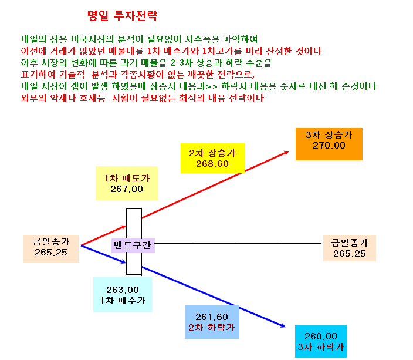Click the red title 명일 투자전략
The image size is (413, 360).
click(123, 16)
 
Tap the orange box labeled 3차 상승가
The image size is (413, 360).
click(329, 144)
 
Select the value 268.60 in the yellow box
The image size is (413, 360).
click(212, 164)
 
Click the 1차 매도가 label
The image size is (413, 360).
click(127, 179)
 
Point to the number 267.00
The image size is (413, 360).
click(127, 189)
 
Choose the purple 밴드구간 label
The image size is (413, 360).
click(133, 245)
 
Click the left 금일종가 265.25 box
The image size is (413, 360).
click(51, 248)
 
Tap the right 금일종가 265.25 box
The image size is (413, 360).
click(350, 248)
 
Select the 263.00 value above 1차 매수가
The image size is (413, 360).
click(123, 290)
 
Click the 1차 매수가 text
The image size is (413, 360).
click(123, 301)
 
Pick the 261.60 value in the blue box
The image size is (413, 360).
click(212, 317)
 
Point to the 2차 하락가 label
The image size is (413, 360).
click(212, 327)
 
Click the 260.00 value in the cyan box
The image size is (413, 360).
click(321, 337)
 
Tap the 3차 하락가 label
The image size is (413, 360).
click(321, 347)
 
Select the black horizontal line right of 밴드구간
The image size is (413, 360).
click(238, 244)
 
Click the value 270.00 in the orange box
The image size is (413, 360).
click(329, 146)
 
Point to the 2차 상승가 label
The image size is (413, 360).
click(212, 153)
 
